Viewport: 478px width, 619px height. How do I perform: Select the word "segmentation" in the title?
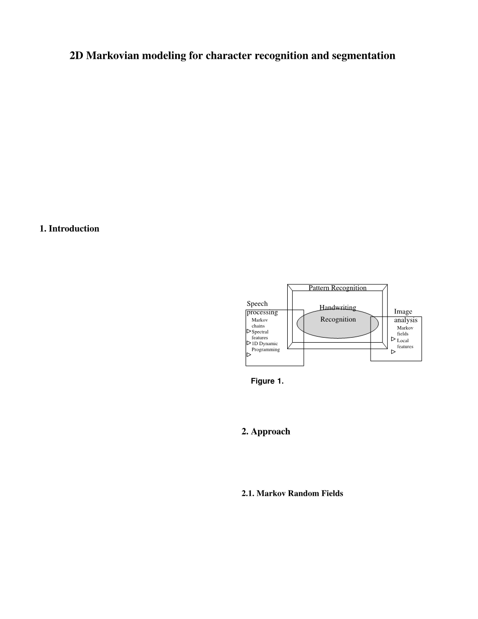point(364,56)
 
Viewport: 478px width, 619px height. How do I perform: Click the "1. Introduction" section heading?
point(69,229)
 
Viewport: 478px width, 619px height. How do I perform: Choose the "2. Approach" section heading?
point(266,432)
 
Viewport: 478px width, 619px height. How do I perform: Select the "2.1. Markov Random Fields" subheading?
point(292,493)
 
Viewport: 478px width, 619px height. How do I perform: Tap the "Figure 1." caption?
point(267,381)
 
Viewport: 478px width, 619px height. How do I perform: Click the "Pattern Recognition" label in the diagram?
point(337,288)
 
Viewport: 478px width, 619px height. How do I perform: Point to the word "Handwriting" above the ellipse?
point(337,307)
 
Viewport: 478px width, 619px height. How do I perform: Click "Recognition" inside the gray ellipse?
point(338,320)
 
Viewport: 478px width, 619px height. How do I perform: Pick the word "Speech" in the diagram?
point(257,304)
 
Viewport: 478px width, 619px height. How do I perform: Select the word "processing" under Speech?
point(262,312)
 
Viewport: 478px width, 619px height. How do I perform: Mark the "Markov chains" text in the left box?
point(259,323)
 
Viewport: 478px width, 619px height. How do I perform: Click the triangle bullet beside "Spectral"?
point(249,332)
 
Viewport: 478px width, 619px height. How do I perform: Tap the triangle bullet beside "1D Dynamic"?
point(249,343)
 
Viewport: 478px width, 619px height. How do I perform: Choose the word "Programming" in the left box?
point(266,350)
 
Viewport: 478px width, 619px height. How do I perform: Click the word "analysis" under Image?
point(405,320)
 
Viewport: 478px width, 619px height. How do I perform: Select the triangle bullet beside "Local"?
point(393,339)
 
